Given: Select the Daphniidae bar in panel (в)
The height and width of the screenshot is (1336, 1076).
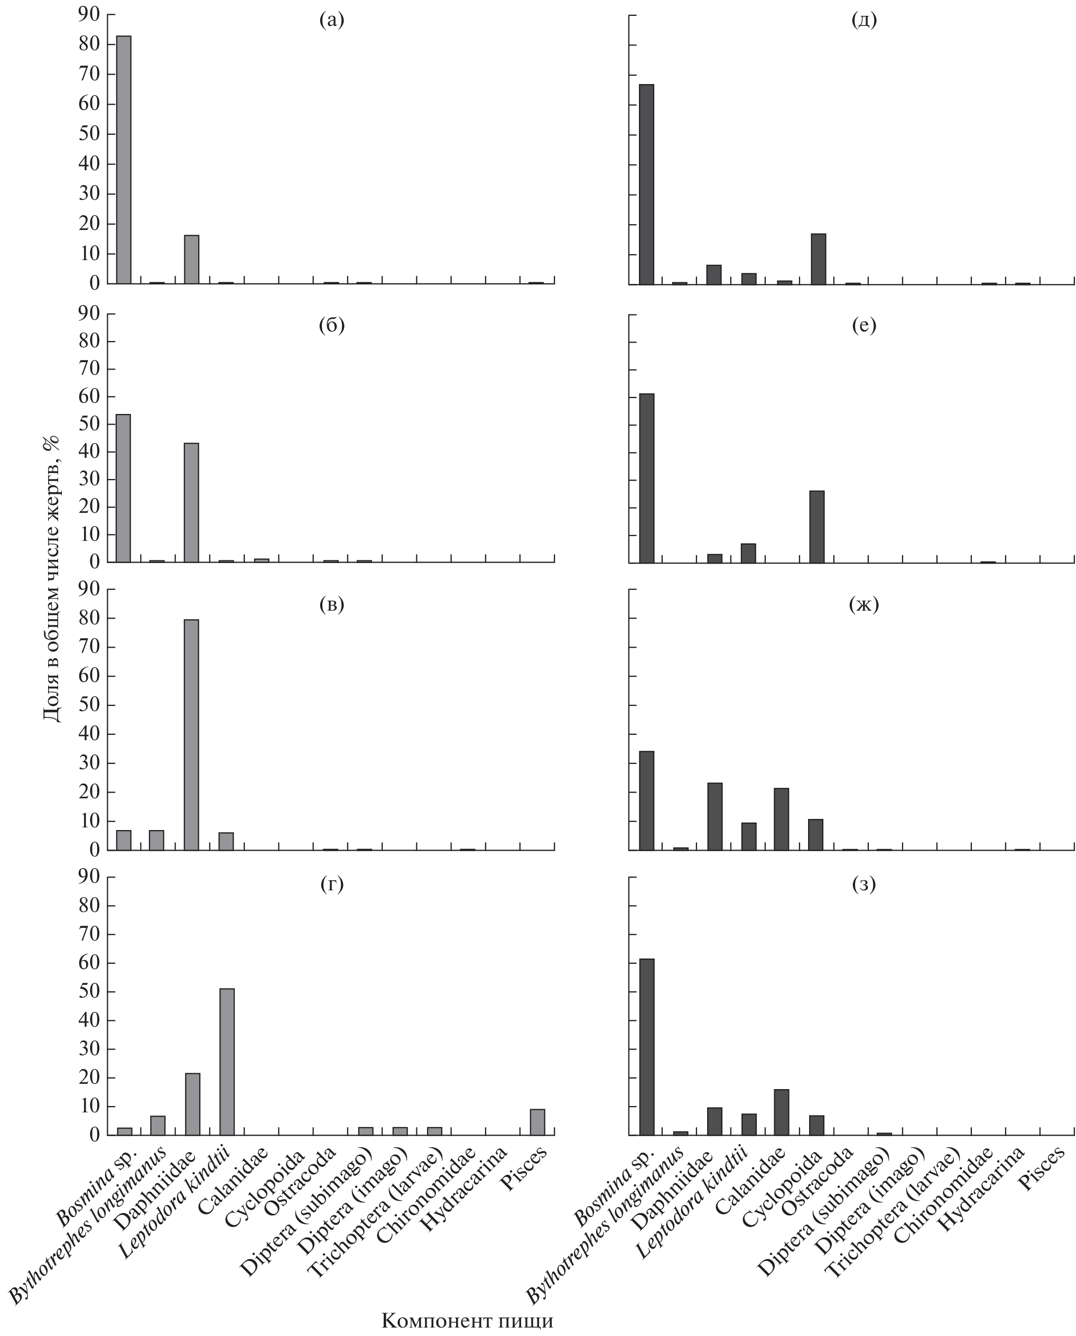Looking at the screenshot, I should pyautogui.click(x=191, y=735).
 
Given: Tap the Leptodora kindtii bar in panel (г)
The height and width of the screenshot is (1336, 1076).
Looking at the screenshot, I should pyautogui.click(x=227, y=1062).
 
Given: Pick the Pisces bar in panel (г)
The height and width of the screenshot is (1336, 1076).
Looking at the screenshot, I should pyautogui.click(x=537, y=1121).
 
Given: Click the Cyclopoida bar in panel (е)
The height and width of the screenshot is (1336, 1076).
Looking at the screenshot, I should pyautogui.click(x=817, y=527).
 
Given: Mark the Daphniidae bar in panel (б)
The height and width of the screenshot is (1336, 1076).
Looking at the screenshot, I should pyautogui.click(x=191, y=502).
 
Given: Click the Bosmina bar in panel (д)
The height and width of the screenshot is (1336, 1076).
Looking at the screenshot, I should pyautogui.click(x=646, y=184).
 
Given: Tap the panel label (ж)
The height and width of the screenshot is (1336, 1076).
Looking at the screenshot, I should pyautogui.click(x=864, y=604).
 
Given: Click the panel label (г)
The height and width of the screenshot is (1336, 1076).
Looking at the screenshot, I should pyautogui.click(x=331, y=884).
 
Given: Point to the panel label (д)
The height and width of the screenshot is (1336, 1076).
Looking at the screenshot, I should pyautogui.click(x=864, y=21).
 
